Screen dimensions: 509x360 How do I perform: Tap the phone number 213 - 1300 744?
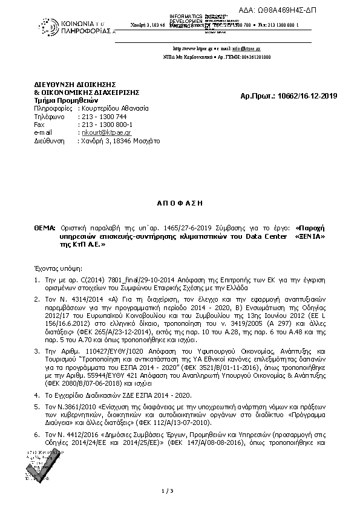click(x=103, y=116)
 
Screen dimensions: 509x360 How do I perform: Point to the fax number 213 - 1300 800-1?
click(x=106, y=124)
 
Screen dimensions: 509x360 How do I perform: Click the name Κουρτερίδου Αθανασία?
click(x=114, y=108)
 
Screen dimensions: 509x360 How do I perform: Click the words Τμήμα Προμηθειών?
click(x=62, y=100)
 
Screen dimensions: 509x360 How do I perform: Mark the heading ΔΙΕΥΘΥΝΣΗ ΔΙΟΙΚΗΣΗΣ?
click(x=74, y=83)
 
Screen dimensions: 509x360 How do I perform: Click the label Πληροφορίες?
click(x=53, y=108)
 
